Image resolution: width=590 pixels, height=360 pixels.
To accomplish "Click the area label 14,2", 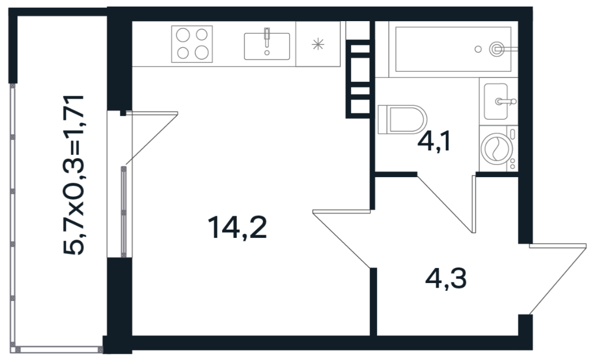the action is point(237,228).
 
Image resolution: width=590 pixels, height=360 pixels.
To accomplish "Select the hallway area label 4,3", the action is point(446,279).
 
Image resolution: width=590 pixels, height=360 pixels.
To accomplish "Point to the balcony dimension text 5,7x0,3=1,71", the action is point(74,175).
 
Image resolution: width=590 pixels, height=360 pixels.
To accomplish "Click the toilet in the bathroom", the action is point(402,119).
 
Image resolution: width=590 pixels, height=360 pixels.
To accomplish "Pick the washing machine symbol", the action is point(498,149).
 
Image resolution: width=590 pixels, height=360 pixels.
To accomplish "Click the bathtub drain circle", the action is point(478,49).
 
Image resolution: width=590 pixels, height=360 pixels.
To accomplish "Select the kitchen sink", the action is point(267,46).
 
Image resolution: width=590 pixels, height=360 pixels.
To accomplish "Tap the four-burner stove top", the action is point(192,43).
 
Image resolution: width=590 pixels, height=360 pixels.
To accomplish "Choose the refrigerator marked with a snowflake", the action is point(318,44).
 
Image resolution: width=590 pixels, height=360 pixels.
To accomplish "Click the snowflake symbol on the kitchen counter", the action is point(318,45).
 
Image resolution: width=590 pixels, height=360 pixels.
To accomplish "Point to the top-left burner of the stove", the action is point(183,36).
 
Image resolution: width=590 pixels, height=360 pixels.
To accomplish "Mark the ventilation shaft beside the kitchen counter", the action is point(359,79).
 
